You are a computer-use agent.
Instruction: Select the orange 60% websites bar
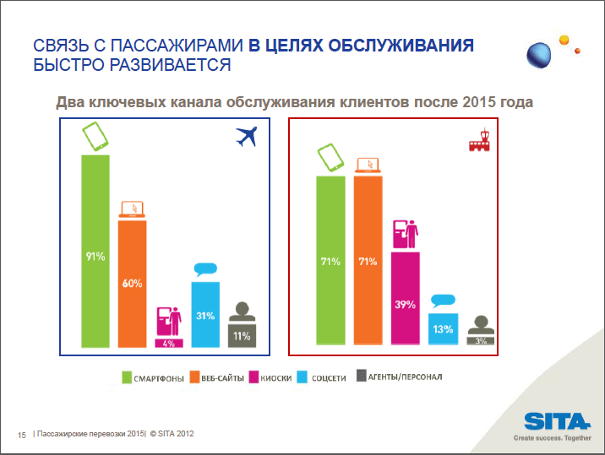click(x=131, y=284)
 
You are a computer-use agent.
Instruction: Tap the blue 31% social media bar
click(x=205, y=314)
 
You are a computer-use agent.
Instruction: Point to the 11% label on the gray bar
click(x=242, y=336)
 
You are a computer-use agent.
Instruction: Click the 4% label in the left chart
click(x=168, y=344)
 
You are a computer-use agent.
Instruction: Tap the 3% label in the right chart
click(x=480, y=341)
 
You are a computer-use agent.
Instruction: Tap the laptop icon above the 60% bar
click(x=131, y=209)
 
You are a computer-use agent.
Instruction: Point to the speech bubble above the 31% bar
click(x=205, y=271)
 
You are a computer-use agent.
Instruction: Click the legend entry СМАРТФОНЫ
click(x=153, y=377)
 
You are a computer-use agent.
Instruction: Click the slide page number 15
click(x=22, y=435)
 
